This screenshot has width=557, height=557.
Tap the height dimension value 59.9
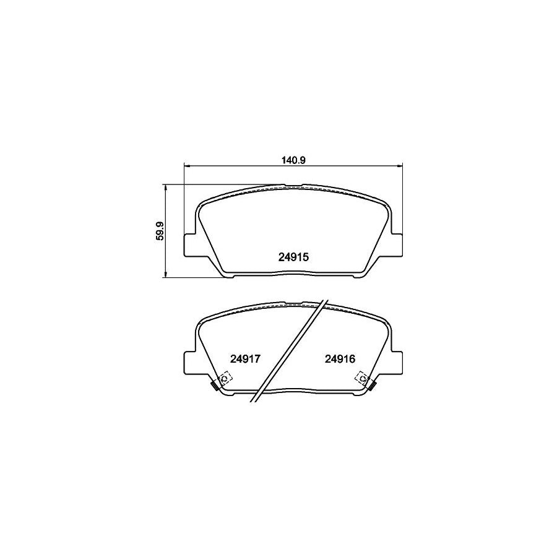[160, 230]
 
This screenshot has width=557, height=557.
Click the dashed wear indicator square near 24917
[224, 378]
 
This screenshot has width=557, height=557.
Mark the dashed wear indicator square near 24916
[362, 378]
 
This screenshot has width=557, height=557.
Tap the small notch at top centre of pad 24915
[293, 186]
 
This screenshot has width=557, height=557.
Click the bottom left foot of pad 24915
[229, 276]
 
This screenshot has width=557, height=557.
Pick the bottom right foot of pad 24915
[358, 276]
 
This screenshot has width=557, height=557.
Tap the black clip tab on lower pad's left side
[214, 387]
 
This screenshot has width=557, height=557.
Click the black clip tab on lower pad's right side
[373, 387]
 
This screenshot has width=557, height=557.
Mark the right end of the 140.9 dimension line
[402, 165]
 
